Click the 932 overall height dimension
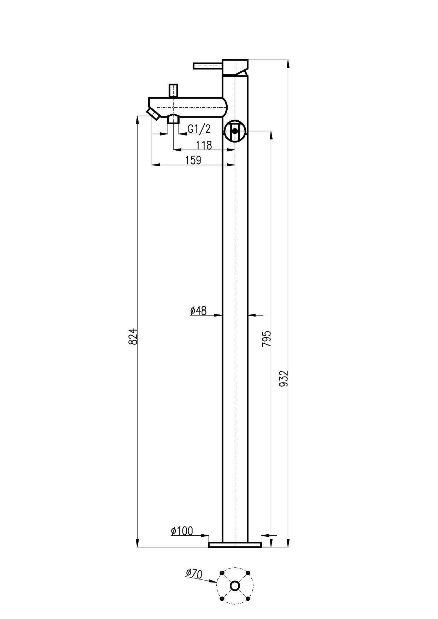pyautogui.click(x=284, y=378)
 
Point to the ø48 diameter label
pyautogui.click(x=198, y=311)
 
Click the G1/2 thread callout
pyautogui.click(x=199, y=129)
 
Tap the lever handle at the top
pyautogui.click(x=208, y=66)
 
